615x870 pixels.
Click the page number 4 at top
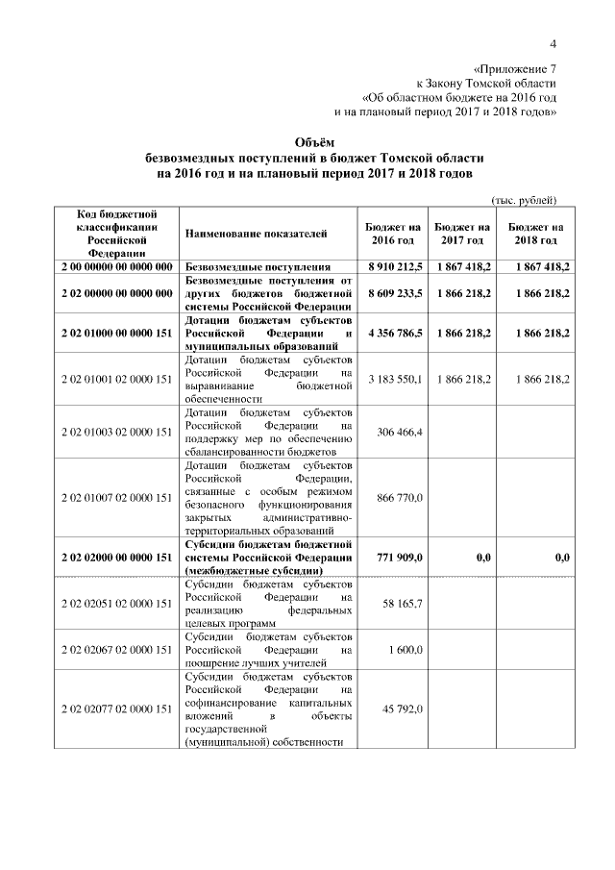click(553, 43)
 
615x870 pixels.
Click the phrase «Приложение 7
click(515, 69)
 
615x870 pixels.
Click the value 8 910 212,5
click(396, 266)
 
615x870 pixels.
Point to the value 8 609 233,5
click(396, 291)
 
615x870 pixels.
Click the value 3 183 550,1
click(396, 380)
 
